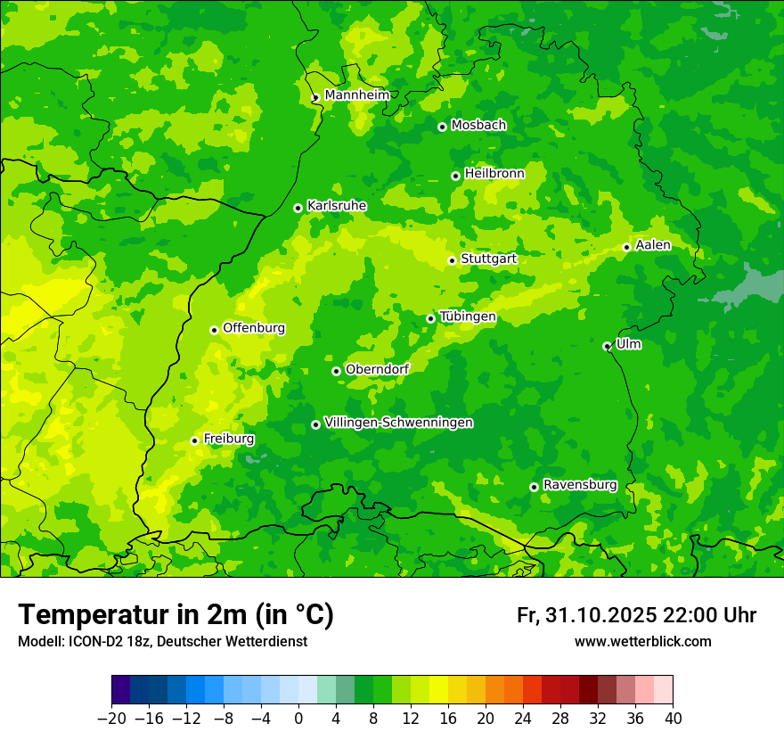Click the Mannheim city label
(x=357, y=95)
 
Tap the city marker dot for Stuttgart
(x=452, y=260)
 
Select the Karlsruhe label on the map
(x=337, y=206)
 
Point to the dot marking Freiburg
(x=194, y=440)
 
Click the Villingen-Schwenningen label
(x=398, y=423)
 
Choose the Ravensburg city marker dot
(x=534, y=487)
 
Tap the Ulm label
(x=628, y=344)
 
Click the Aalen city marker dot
(x=626, y=247)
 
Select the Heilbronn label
(x=494, y=174)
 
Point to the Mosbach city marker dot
(x=442, y=127)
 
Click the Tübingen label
(x=468, y=317)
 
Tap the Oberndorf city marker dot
(x=336, y=371)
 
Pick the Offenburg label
(x=254, y=328)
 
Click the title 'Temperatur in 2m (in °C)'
(x=176, y=615)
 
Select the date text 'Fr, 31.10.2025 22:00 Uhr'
(x=636, y=615)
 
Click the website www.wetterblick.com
(x=642, y=641)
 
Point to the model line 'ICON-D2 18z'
(x=161, y=641)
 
